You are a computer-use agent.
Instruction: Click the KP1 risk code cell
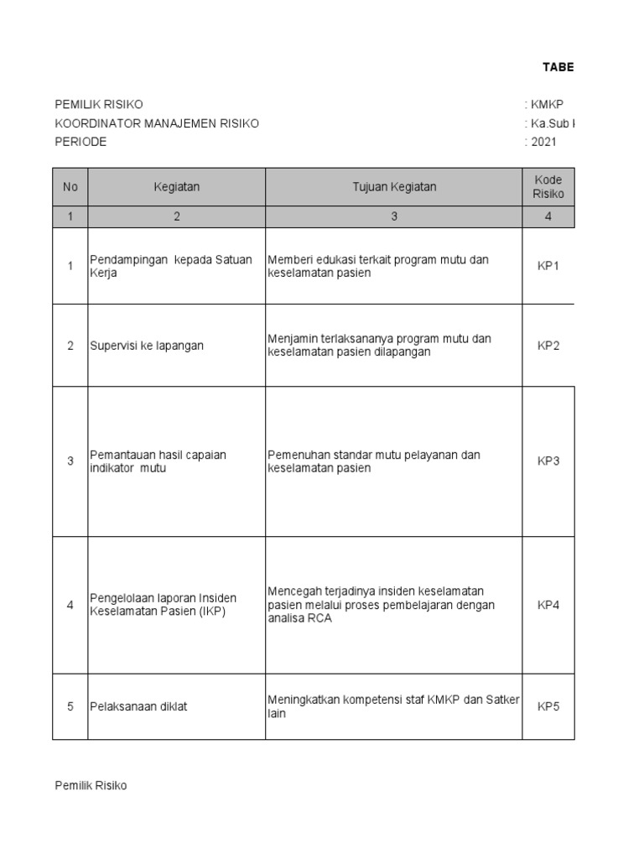[548, 266]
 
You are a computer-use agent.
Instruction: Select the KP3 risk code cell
[548, 461]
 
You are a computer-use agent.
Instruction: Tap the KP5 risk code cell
[548, 706]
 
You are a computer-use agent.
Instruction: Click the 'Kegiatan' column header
[176, 187]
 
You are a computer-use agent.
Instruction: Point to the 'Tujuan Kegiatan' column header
[394, 187]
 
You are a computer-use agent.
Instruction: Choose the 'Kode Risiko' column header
[548, 187]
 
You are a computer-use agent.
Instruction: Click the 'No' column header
[70, 187]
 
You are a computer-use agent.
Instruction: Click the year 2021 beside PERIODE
[543, 142]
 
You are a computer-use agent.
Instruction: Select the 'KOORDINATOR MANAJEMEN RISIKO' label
[157, 123]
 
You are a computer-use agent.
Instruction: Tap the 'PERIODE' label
[80, 142]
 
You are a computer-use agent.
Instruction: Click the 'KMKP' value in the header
[547, 105]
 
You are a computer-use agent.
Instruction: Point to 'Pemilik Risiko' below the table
[91, 786]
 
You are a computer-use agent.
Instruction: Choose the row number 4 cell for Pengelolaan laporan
[70, 605]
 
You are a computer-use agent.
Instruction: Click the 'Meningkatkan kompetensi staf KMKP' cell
[393, 706]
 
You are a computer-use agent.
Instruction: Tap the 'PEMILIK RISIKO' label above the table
[99, 105]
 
